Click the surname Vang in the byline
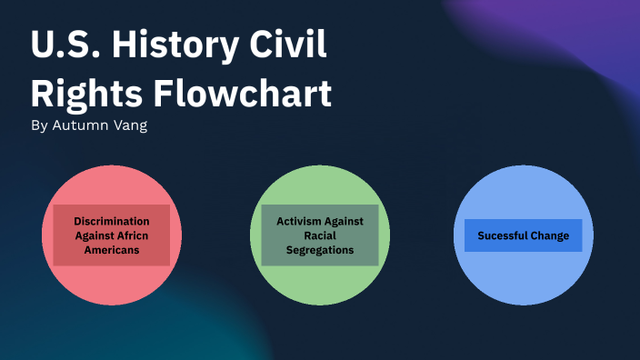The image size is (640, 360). point(131,125)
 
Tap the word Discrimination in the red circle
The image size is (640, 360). point(112,221)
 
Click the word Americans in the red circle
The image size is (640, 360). point(112,250)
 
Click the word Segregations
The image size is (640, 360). point(320,250)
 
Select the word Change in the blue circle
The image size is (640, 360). point(548,235)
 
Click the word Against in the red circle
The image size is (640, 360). point(96,235)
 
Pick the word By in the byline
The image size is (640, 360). point(38,125)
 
